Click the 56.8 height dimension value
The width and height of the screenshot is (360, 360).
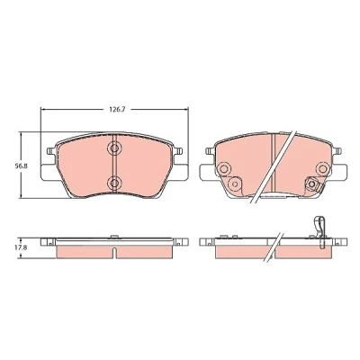coord(22,166)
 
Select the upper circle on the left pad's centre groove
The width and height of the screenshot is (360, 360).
coord(114,148)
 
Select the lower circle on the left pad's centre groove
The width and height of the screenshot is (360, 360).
coord(114,182)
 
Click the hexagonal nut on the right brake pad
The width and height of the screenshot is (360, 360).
coord(311,184)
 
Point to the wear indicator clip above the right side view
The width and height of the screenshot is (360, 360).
coord(319,231)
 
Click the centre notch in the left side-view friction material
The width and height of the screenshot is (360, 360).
coord(114,252)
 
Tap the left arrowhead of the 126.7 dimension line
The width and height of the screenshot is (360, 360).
coord(43,110)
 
